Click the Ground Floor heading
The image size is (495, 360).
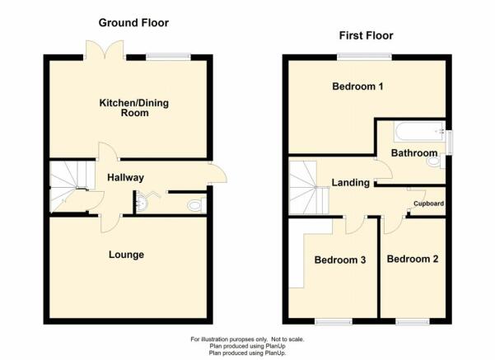(x=133, y=23)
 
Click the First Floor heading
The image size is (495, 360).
(x=367, y=35)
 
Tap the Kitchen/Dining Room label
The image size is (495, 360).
(x=134, y=108)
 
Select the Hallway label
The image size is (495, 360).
(x=126, y=177)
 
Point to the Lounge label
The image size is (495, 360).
(x=126, y=255)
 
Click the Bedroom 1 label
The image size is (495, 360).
(x=357, y=86)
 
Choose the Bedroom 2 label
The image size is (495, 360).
(x=413, y=259)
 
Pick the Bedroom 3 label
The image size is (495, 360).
(x=340, y=259)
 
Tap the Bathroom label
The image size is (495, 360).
(x=414, y=153)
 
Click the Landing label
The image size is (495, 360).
(x=350, y=183)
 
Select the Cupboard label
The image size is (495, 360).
(x=429, y=203)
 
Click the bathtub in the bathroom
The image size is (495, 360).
(x=419, y=132)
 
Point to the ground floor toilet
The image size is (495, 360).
(x=197, y=206)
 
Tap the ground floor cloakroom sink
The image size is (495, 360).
(x=142, y=202)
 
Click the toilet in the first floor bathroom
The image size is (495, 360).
(x=436, y=161)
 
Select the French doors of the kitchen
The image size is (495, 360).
(x=105, y=50)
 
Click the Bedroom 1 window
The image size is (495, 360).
(x=364, y=57)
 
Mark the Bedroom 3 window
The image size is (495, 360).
(x=334, y=321)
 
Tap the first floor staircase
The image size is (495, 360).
(x=309, y=188)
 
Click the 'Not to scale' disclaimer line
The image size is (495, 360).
(x=247, y=339)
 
